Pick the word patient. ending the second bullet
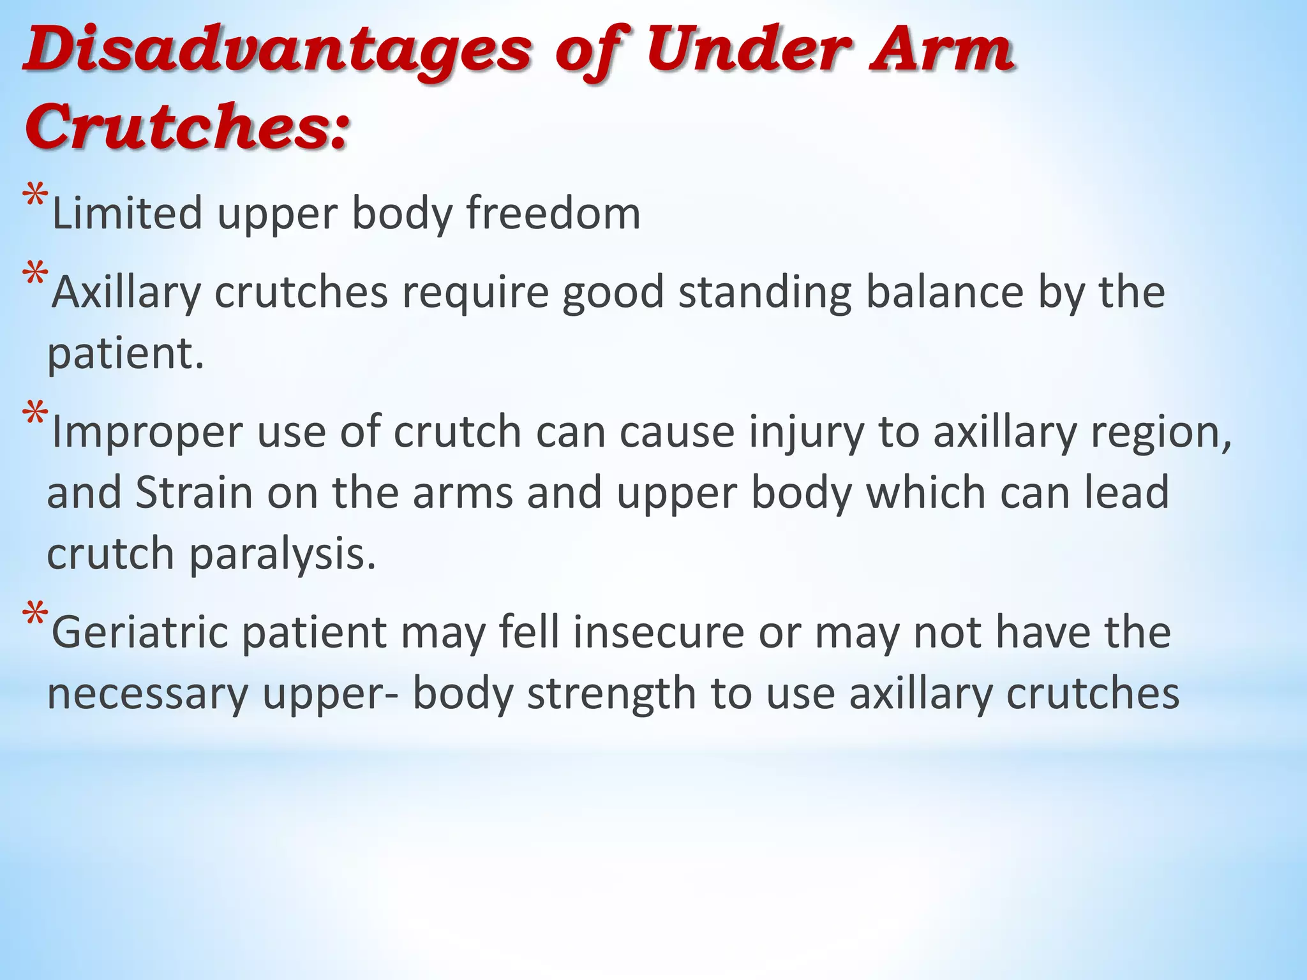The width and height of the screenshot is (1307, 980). point(126,354)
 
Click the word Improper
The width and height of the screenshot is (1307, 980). point(147,432)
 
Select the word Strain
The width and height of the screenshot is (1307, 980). point(195,493)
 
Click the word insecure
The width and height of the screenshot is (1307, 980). point(658,632)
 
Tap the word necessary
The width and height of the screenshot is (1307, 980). point(147,695)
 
